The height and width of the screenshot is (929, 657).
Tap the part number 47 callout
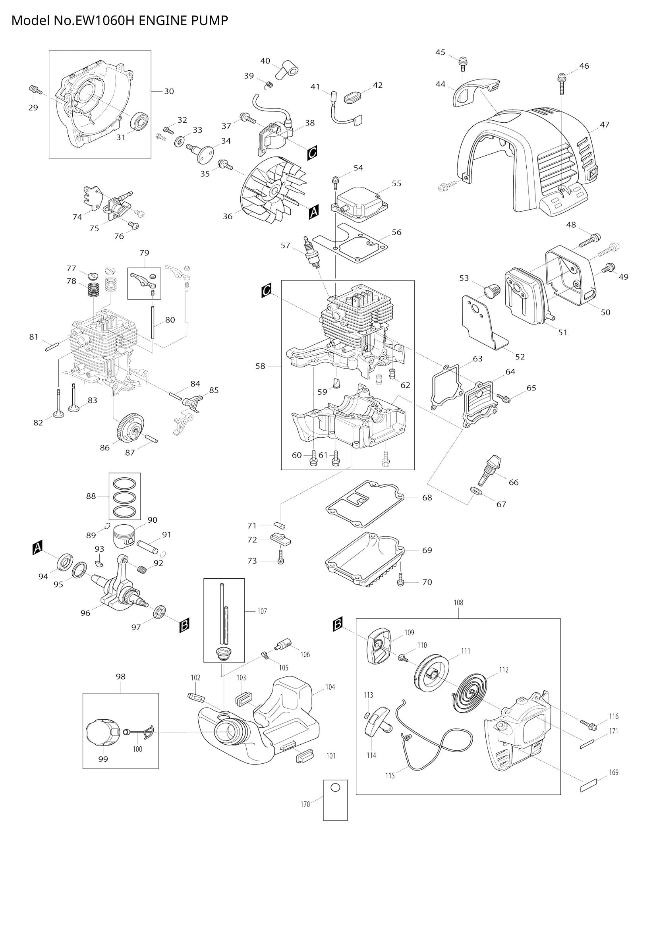(605, 125)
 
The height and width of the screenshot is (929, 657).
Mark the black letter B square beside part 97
(184, 625)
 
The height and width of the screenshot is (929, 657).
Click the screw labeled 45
(462, 63)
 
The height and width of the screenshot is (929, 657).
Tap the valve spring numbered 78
(94, 290)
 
